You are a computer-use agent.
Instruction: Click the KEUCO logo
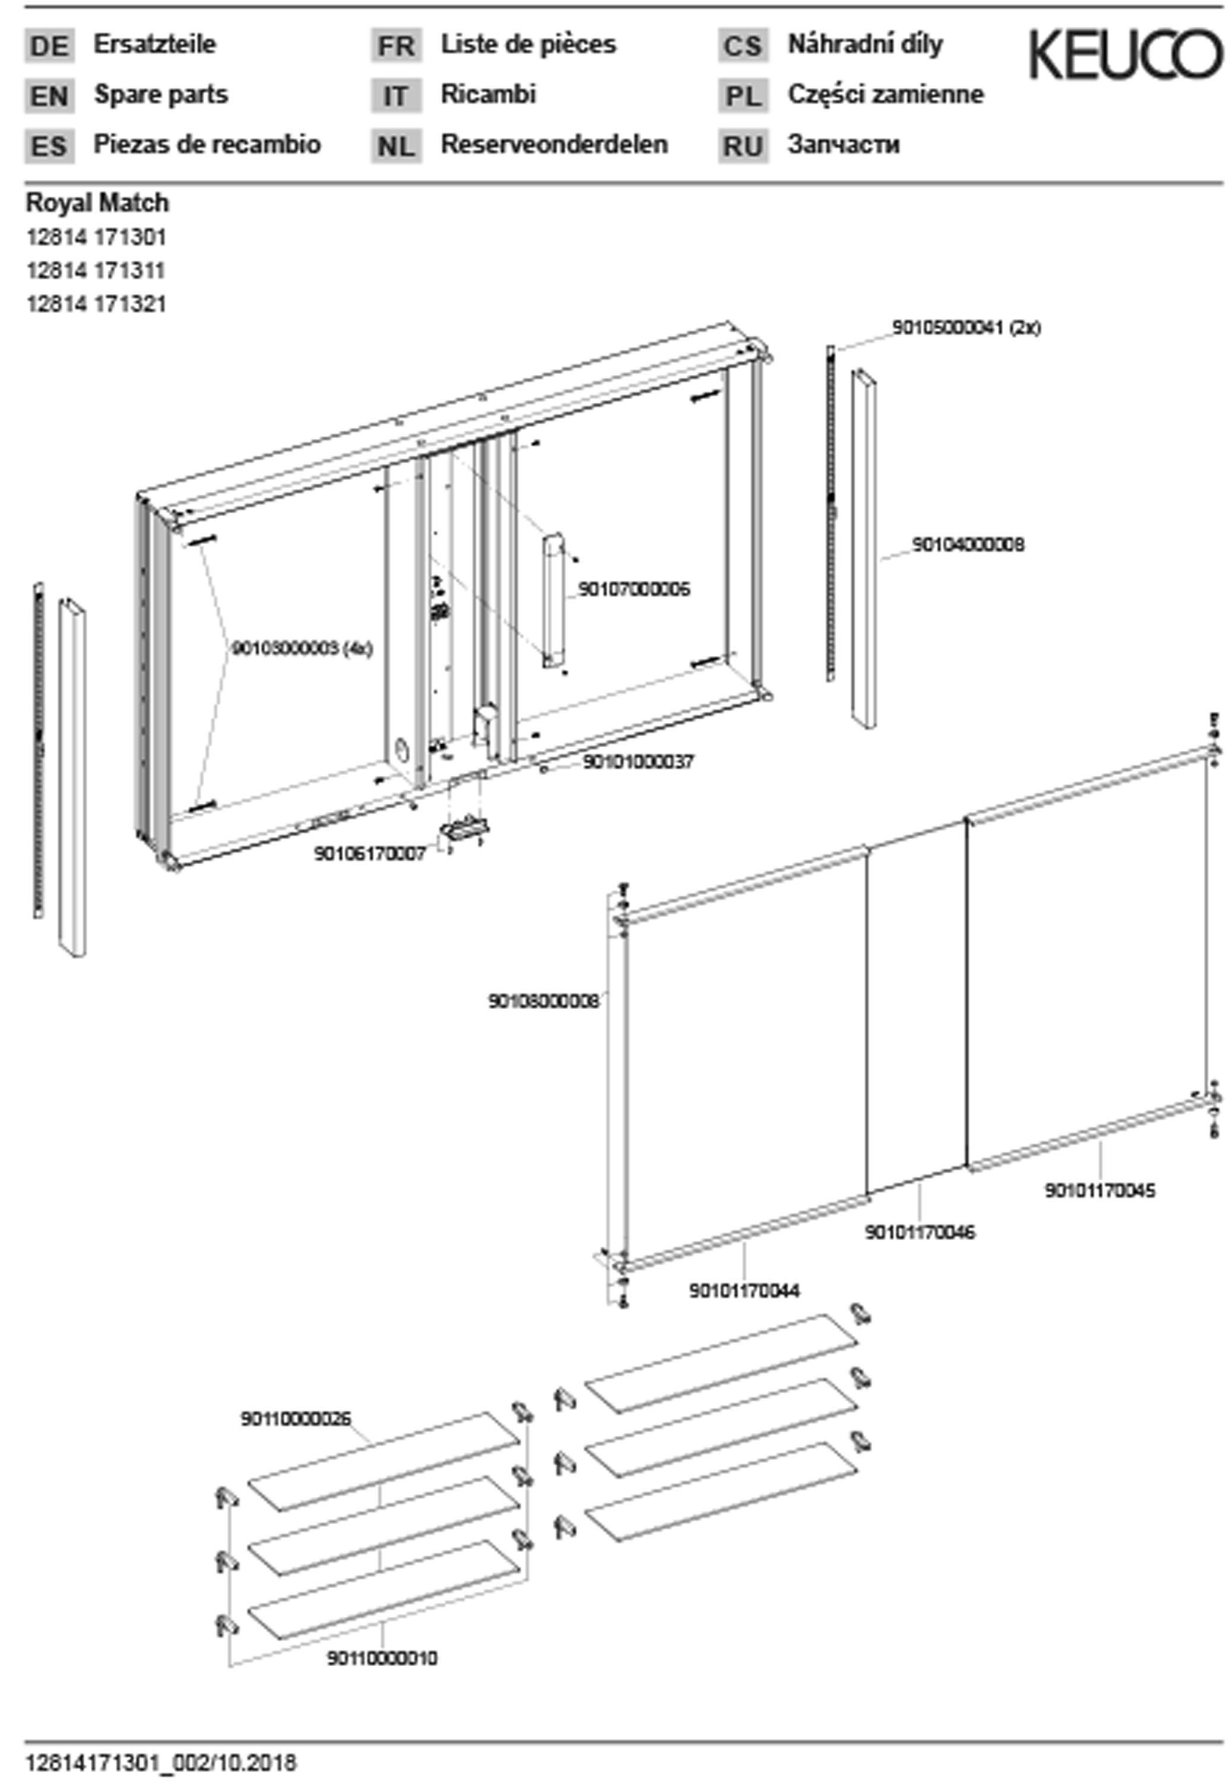(x=1125, y=54)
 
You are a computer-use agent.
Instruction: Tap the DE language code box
(x=49, y=46)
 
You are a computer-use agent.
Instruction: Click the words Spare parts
(x=161, y=95)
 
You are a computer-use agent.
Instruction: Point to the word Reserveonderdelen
(x=554, y=145)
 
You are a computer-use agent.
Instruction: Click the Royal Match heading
(x=97, y=203)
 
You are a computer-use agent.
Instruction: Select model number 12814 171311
(x=96, y=271)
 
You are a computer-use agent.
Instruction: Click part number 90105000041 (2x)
(x=966, y=328)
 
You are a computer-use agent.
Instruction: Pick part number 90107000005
(x=633, y=589)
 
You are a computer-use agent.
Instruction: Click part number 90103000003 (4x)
(x=302, y=649)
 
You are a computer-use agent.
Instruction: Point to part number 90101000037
(x=638, y=762)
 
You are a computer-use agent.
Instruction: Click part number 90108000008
(x=543, y=1001)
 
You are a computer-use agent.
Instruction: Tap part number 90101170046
(x=920, y=1232)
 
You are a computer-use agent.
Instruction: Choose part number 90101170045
(x=1100, y=1190)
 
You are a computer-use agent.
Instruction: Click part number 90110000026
(x=296, y=1418)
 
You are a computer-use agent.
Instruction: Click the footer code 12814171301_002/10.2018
(x=161, y=1763)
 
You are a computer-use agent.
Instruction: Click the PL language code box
(x=743, y=96)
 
